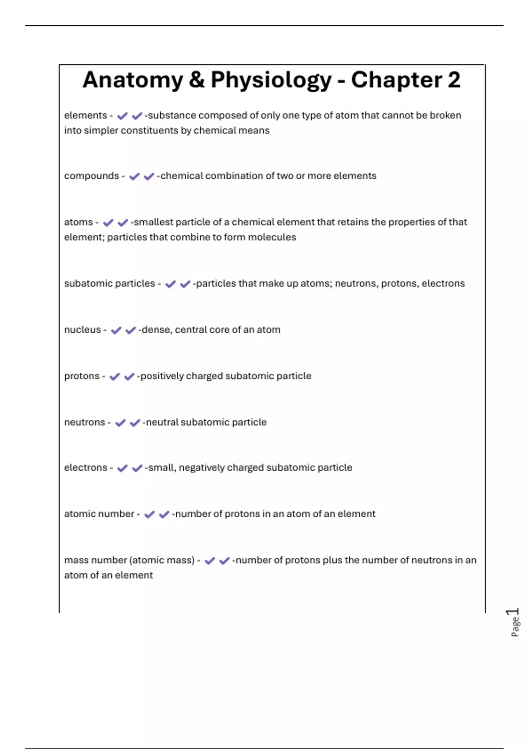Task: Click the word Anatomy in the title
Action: [x=132, y=81]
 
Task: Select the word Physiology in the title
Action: [x=271, y=81]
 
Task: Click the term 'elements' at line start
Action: [x=86, y=115]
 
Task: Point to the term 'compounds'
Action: [x=91, y=176]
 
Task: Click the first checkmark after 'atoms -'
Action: [x=108, y=222]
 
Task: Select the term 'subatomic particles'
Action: [x=109, y=283]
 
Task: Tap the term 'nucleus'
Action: [x=82, y=330]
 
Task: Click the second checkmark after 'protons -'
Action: [x=129, y=377]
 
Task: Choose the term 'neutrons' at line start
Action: [x=85, y=422]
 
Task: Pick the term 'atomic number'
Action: [x=99, y=514]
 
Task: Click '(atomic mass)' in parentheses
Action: [x=162, y=560]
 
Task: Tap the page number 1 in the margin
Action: [x=513, y=612]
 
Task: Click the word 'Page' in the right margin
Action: [x=515, y=627]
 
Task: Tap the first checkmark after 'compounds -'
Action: [x=134, y=177]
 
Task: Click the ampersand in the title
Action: [x=197, y=81]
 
